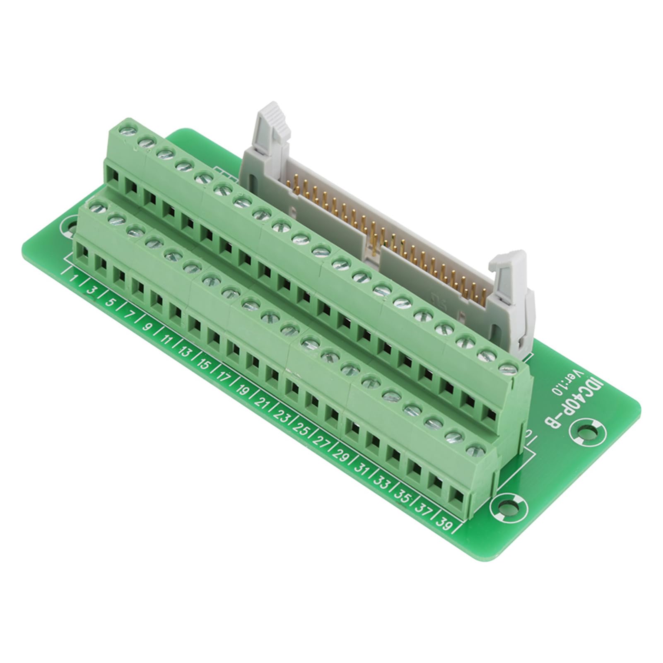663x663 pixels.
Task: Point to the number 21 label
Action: (x=262, y=401)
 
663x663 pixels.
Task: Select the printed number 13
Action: (x=184, y=352)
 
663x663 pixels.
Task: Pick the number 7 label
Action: (x=129, y=314)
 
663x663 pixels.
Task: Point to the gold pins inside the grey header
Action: (x=385, y=232)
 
